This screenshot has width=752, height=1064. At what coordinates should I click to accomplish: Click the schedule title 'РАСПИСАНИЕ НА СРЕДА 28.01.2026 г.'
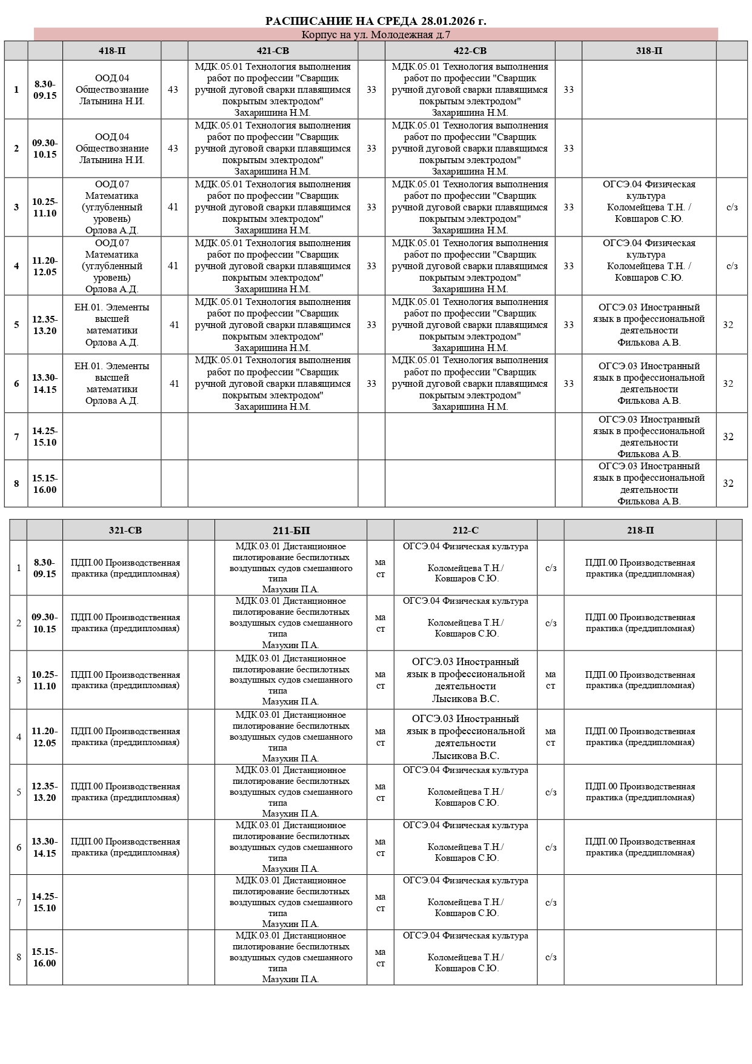pos(376,21)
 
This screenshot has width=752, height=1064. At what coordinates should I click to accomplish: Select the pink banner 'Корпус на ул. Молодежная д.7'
pos(376,35)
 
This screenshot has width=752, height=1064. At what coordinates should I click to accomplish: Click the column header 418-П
pos(112,51)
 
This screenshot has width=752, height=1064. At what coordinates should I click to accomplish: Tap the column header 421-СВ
pos(273,51)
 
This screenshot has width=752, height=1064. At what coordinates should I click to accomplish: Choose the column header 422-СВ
pos(470,51)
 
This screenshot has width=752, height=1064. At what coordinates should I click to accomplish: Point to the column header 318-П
pos(649,51)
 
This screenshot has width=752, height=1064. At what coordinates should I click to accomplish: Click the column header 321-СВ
pos(125,530)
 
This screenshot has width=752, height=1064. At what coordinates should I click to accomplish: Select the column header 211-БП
pos(291,530)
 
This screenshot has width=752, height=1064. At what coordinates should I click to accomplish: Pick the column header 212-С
pos(465,530)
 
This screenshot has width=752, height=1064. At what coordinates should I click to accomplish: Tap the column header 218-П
pos(640,530)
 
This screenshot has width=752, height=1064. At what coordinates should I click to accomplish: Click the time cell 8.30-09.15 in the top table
pos(45,90)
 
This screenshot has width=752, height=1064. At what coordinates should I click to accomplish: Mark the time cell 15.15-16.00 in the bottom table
pos(45,957)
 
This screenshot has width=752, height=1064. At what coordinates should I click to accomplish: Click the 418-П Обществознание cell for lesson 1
pos(112,90)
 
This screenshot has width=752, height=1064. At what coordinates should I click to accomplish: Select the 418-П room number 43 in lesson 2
pos(173,149)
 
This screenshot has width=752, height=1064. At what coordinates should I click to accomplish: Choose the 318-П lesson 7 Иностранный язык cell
pos(649,437)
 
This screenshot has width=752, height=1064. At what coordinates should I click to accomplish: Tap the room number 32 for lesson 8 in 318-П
pos(728,484)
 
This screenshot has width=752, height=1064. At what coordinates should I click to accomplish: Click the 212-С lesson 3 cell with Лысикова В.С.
pos(465,680)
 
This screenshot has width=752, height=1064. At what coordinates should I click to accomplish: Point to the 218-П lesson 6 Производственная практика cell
pos(640,847)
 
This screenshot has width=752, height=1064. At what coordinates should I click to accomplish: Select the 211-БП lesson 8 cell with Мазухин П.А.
pos(291,957)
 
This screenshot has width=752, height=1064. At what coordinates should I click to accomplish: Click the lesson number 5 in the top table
pos(16,325)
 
